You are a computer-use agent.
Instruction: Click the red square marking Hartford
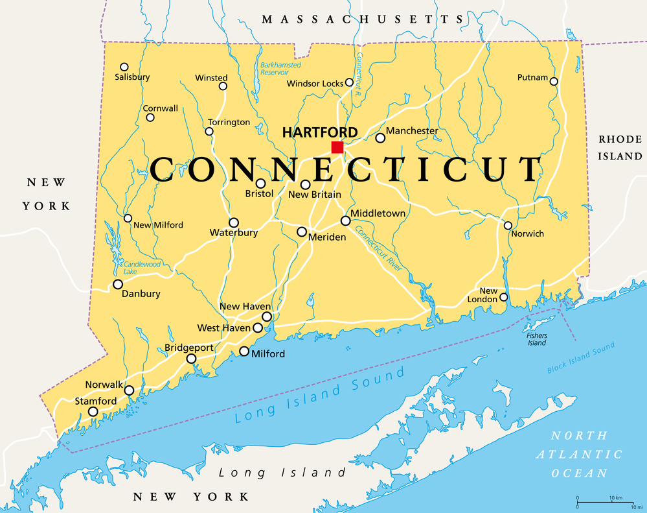[x=337, y=147]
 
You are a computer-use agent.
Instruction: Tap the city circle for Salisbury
[x=124, y=67]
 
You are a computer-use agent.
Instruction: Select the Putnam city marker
[x=554, y=80]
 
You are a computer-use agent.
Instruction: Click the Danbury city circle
[x=118, y=284]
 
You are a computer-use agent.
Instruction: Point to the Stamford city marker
[x=93, y=411]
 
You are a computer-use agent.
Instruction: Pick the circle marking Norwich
[x=508, y=226]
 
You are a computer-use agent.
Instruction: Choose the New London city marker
[x=503, y=297]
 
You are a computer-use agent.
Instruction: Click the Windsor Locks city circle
[x=349, y=82]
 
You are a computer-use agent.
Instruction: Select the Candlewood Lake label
[x=141, y=268]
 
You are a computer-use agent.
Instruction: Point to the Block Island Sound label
[x=580, y=359]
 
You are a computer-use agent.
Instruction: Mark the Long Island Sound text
[x=320, y=395]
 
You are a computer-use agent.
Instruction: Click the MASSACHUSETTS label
[x=363, y=19]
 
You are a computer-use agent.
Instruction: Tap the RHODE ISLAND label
[x=620, y=148]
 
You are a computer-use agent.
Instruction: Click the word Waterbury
[x=234, y=233]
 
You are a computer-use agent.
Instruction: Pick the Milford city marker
[x=244, y=352]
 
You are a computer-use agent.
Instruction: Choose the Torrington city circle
[x=209, y=132]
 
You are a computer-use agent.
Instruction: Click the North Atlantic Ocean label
[x=579, y=454]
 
